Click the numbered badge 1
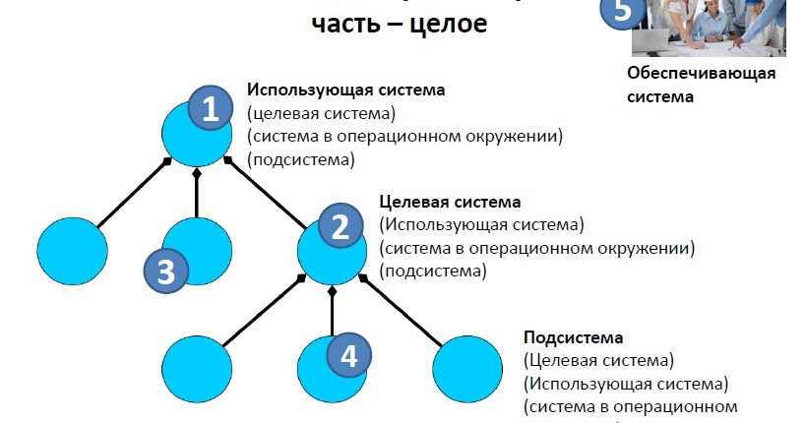(x=210, y=108)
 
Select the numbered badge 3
(x=165, y=271)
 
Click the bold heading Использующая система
(x=345, y=90)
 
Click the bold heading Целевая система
(x=450, y=203)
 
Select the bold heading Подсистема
(x=574, y=336)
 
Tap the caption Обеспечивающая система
(x=701, y=85)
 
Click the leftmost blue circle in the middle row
(x=75, y=252)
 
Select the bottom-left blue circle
(x=197, y=368)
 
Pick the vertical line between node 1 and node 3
(x=197, y=194)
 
